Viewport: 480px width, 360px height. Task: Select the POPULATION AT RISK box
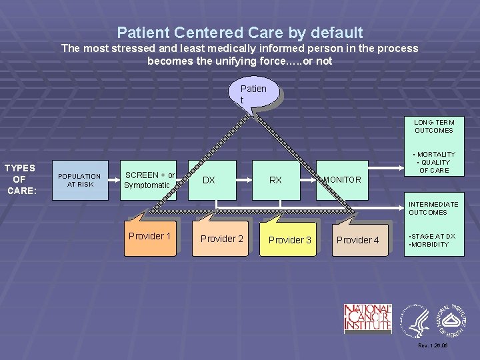pyautogui.click(x=79, y=180)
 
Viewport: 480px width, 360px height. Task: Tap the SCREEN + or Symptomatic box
pyautogui.click(x=149, y=180)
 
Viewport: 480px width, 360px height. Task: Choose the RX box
pyautogui.click(x=276, y=180)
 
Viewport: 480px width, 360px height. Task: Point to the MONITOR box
pyautogui.click(x=342, y=180)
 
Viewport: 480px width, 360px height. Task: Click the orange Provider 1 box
pyautogui.click(x=150, y=237)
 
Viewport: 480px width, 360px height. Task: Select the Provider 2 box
pyautogui.click(x=222, y=239)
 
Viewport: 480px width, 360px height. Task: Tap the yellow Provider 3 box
pyautogui.click(x=289, y=239)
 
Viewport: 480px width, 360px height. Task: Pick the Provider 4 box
pyautogui.click(x=358, y=239)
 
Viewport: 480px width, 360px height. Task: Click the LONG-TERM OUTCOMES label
pyautogui.click(x=433, y=126)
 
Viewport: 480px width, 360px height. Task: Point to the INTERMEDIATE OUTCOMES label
pyautogui.click(x=433, y=208)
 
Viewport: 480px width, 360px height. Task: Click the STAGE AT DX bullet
pyautogui.click(x=432, y=236)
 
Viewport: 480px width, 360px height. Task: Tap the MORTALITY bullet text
pyautogui.click(x=435, y=154)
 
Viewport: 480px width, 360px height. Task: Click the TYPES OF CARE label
pyautogui.click(x=20, y=179)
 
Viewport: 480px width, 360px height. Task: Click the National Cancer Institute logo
pyautogui.click(x=367, y=318)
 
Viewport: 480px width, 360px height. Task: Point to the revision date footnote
pyautogui.click(x=432, y=346)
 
